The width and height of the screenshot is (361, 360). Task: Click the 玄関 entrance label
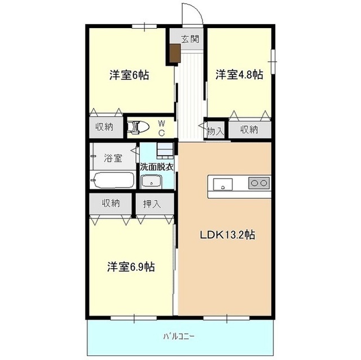point(190,39)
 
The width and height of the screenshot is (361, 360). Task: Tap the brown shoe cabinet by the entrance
point(175,54)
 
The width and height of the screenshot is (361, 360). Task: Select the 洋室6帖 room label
point(129,75)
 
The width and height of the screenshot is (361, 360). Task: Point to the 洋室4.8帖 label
point(239,74)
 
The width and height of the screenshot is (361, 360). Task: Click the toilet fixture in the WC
point(138,127)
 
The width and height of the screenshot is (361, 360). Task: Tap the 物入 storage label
point(215,131)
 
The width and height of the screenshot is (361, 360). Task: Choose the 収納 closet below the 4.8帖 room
point(249,130)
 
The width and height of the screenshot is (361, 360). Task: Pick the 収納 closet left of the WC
point(105,127)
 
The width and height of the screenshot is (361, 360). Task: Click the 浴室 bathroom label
point(113,158)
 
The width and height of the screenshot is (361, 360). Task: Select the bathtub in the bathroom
point(113,180)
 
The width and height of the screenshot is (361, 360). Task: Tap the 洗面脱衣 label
point(157,167)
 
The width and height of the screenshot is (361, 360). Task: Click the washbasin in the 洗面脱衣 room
point(151,181)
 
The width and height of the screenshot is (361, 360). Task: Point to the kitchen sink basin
point(223,184)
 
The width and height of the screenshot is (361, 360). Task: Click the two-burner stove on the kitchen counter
point(259,183)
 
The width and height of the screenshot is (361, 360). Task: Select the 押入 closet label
point(152,204)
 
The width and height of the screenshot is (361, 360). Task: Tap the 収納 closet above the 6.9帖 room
point(111,203)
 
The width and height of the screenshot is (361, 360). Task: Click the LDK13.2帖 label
point(227,235)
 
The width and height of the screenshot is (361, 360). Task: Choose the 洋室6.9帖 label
point(131,266)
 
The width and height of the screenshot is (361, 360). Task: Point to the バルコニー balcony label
point(179,336)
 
